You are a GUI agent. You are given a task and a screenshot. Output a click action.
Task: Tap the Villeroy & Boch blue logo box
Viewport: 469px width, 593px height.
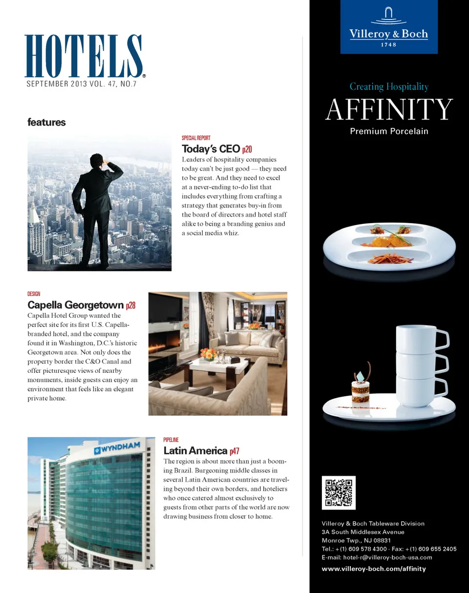pos(389,27)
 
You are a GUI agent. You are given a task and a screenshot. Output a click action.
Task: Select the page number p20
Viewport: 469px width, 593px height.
pos(247,149)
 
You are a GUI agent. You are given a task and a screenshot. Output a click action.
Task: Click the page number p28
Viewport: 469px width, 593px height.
pos(130,306)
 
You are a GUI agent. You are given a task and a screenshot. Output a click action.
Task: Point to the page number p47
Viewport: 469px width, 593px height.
pos(234,450)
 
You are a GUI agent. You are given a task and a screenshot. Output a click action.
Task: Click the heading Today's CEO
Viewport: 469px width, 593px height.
pos(211,149)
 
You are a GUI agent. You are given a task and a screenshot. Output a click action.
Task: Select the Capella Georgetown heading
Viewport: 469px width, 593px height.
pos(75,306)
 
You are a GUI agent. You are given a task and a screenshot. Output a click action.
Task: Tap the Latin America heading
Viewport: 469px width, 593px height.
pos(195,450)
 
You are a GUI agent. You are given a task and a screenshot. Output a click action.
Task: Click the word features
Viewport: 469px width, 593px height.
pos(46,123)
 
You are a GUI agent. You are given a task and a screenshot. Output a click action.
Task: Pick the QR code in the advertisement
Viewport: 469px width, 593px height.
pos(339,492)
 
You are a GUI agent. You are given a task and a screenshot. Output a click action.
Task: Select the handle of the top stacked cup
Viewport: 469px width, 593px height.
pos(441,338)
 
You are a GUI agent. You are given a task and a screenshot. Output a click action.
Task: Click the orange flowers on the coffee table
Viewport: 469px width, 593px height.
pos(208,353)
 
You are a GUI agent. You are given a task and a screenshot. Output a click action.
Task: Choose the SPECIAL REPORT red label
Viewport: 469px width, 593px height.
pos(196,138)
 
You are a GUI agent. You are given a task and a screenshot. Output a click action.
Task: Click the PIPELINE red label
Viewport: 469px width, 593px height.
pos(171,440)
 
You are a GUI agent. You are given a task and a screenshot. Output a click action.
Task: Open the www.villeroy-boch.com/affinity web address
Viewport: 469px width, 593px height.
pos(374,569)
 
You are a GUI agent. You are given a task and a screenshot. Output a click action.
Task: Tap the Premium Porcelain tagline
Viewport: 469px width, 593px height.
pos(389,131)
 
